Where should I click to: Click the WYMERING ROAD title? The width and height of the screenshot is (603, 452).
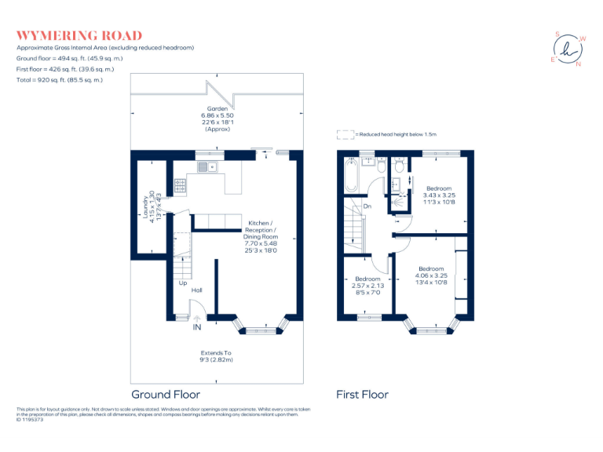(79, 35)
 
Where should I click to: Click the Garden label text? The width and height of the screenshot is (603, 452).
(217, 108)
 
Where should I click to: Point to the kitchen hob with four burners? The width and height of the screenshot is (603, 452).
(181, 186)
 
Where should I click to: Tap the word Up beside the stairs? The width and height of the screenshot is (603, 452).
(182, 283)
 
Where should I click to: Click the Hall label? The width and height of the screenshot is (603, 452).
(196, 290)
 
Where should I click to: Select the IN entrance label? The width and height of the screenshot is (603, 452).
(198, 326)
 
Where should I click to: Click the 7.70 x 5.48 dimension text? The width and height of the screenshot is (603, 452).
(261, 242)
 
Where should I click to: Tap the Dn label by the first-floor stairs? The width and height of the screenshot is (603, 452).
(367, 206)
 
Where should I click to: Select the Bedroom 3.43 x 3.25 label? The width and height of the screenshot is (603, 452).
(439, 194)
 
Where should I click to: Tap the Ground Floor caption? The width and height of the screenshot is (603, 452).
(165, 395)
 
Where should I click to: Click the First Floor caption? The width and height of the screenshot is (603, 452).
(362, 395)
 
